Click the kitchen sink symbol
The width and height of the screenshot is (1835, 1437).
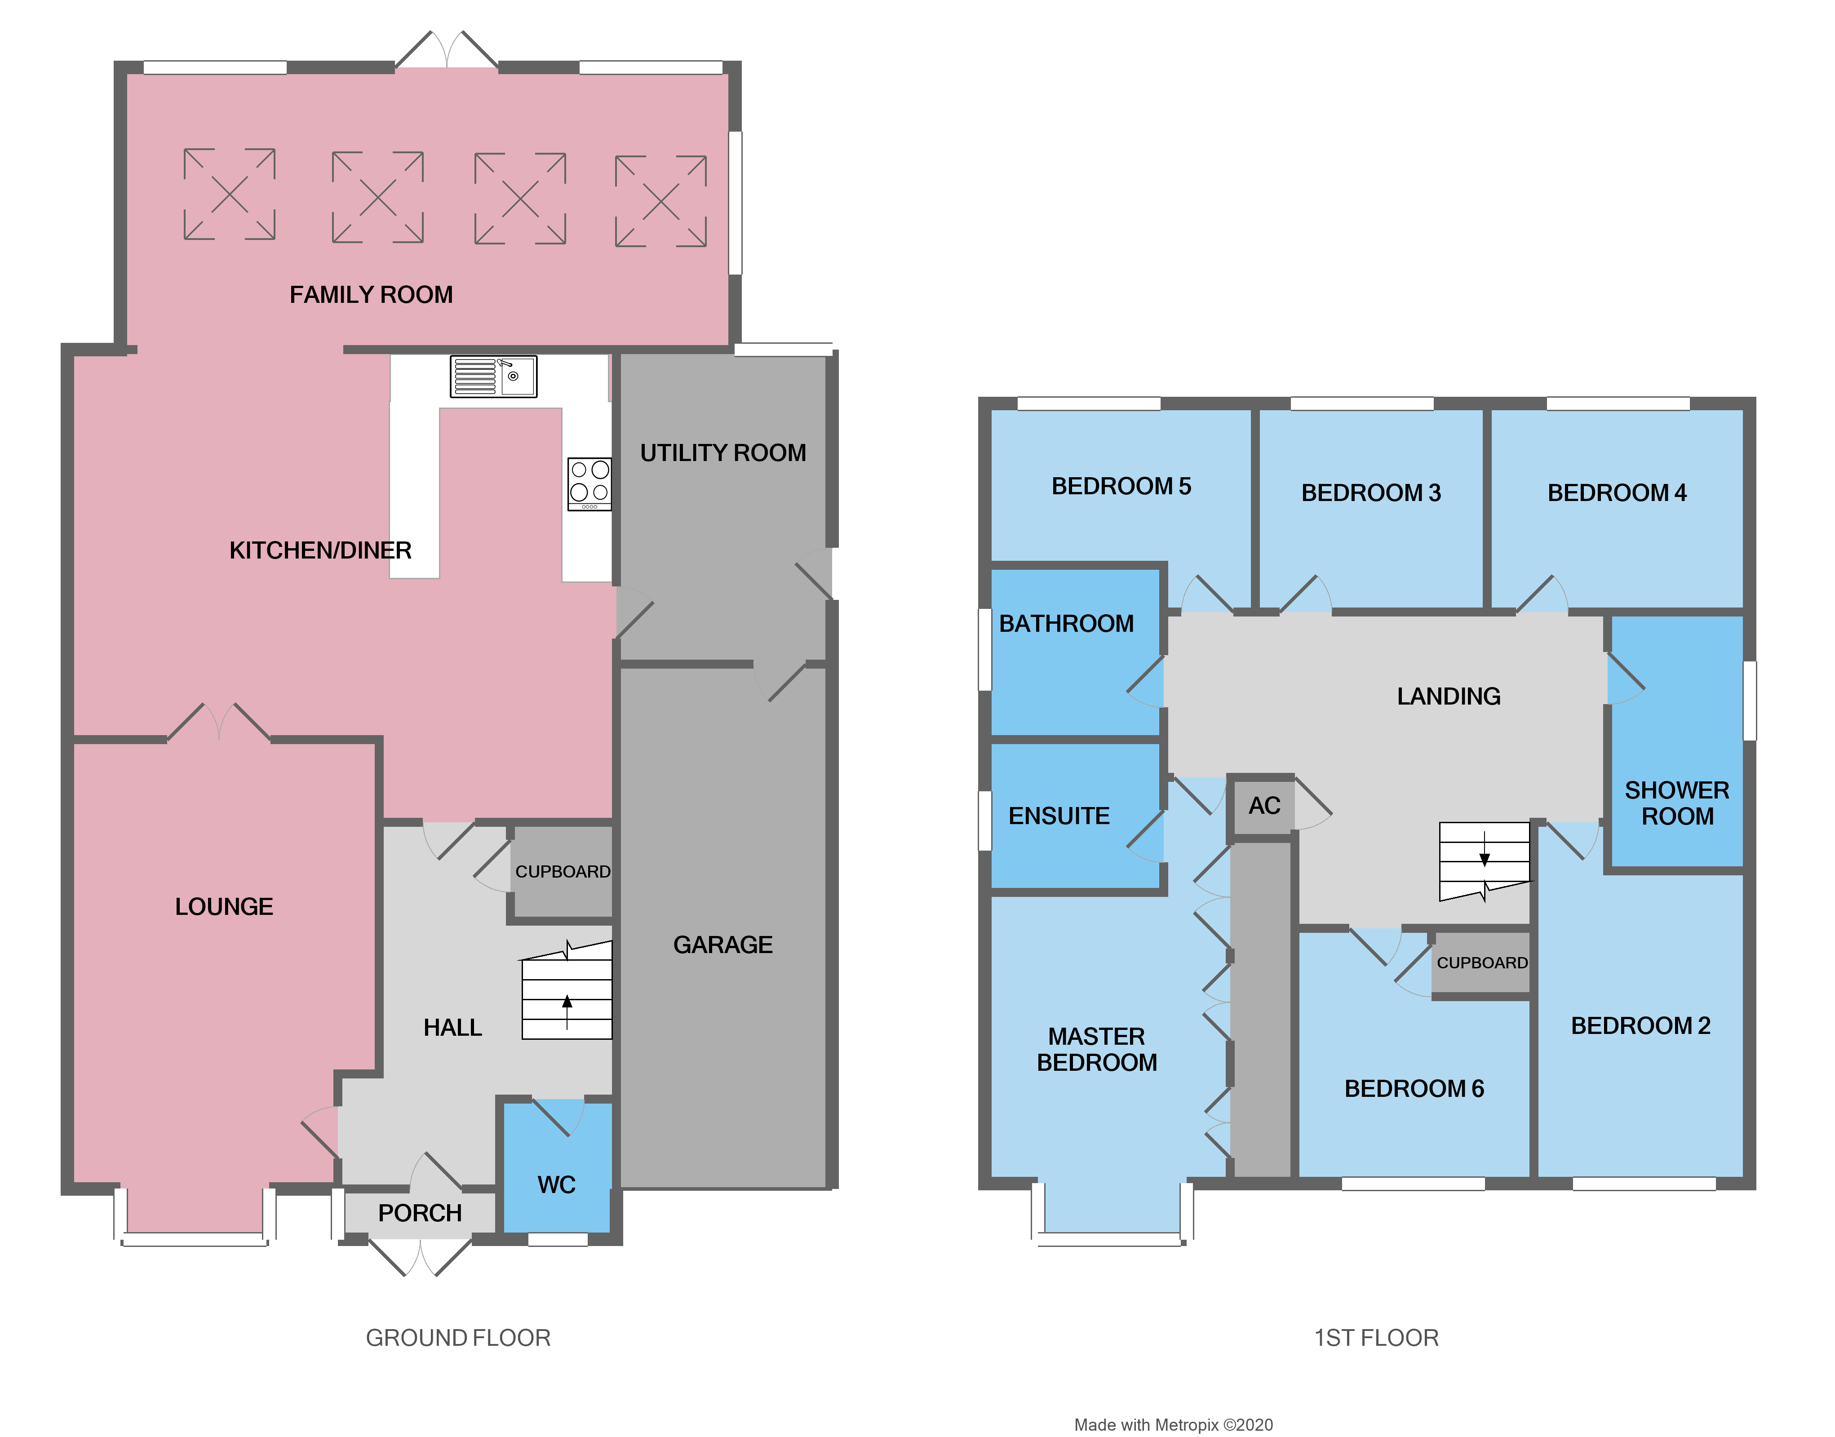[493, 376]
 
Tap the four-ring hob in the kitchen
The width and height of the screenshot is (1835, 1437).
[589, 484]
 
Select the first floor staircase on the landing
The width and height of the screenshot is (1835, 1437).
[1484, 860]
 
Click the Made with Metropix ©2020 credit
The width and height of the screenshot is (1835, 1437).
[1173, 1424]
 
